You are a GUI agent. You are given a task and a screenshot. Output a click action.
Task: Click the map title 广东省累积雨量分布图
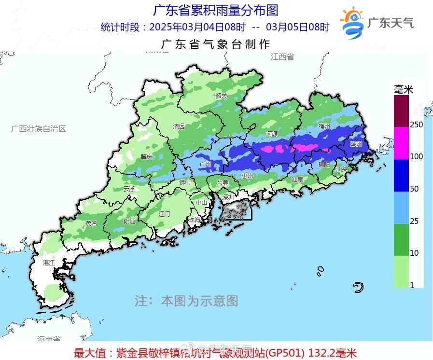215,10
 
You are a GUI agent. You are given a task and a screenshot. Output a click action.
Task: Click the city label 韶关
221,96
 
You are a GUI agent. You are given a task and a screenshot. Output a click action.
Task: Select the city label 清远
179,126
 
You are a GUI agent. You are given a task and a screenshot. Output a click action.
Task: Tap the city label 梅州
324,126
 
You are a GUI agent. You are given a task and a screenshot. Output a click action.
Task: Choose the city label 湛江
49,263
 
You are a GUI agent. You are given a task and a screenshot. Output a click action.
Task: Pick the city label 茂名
91,223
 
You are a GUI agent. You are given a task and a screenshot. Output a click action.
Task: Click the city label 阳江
129,221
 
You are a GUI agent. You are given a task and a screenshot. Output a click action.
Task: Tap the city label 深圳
227,197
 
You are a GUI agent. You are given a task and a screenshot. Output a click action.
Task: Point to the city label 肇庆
146,156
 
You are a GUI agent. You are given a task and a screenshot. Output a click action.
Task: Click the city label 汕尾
297,179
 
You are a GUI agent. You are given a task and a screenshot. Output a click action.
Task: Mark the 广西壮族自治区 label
38,128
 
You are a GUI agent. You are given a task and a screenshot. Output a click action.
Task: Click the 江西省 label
282,56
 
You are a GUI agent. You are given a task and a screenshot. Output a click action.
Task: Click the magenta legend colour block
401,143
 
